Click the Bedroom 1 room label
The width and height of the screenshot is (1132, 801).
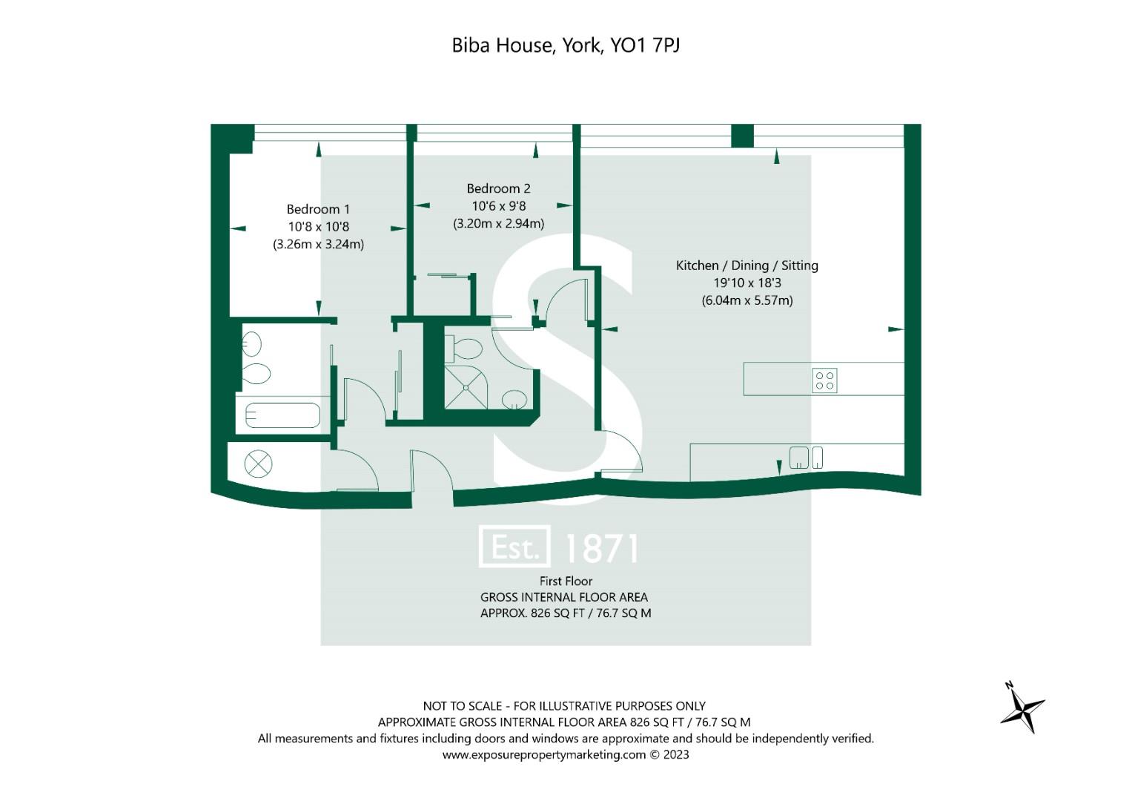point(318,209)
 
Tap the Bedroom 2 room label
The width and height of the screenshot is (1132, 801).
point(498,188)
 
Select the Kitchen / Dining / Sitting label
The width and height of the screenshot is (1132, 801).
point(747,266)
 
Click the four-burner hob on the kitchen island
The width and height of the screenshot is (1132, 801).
point(825,380)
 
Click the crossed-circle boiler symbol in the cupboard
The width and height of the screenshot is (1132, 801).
point(258,464)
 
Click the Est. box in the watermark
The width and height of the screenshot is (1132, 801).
point(515,547)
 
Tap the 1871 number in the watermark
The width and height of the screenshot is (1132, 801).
point(601,548)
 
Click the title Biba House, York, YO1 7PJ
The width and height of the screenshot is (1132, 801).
point(566,45)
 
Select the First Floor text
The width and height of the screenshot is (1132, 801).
point(566,581)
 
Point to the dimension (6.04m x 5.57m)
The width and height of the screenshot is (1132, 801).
point(747,300)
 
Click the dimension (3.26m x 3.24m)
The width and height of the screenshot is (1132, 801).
point(318,244)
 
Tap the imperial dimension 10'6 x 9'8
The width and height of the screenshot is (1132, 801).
point(498,206)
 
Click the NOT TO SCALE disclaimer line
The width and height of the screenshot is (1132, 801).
point(564,706)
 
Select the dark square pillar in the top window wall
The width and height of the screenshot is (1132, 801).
point(742,136)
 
